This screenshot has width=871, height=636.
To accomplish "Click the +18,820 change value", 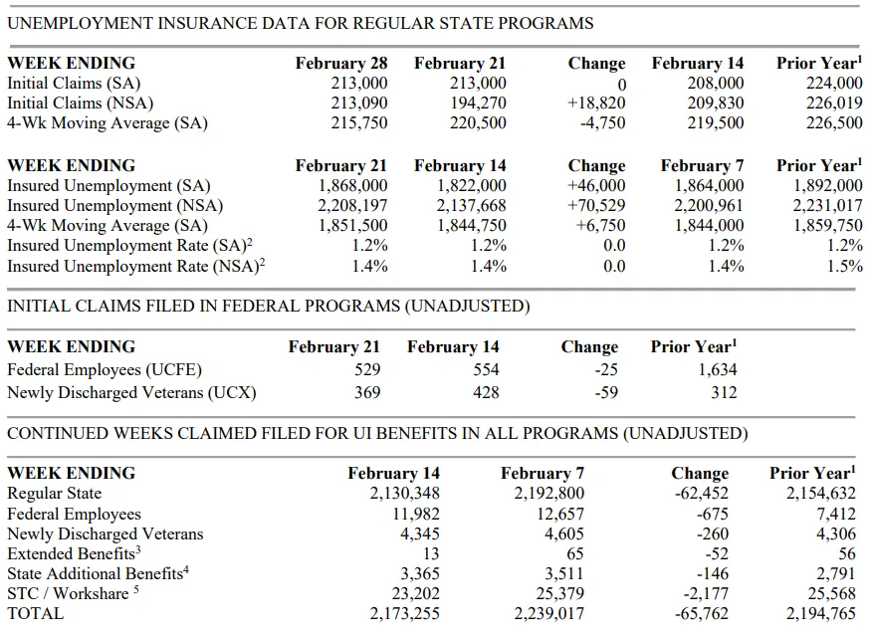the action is click(596, 104).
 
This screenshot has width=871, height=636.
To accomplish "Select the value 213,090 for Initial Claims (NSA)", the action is click(358, 104).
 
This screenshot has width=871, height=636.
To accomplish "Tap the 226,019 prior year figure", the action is click(834, 104).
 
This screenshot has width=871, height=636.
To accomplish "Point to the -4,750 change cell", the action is click(602, 122).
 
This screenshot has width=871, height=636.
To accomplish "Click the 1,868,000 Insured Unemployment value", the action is click(352, 185).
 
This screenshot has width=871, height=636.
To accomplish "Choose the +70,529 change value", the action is click(596, 205).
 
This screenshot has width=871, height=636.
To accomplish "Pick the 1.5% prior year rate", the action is click(845, 266).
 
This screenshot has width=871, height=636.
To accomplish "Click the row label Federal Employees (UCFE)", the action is click(105, 370).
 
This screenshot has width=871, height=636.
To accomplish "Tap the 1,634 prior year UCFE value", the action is click(717, 370).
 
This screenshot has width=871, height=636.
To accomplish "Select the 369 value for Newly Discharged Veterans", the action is click(367, 393).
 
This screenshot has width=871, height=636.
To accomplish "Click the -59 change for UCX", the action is click(606, 393).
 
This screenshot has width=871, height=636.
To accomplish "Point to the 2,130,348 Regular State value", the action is click(404, 494).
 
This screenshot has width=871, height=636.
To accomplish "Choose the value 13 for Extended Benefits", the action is click(430, 553).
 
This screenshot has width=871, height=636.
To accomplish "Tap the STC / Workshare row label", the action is click(73, 593).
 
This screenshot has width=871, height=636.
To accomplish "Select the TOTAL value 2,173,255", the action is click(404, 614).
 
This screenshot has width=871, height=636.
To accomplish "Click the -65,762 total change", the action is click(701, 614).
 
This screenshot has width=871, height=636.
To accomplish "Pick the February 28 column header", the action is click(341, 64).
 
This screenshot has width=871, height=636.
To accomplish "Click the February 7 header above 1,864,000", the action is click(702, 166).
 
